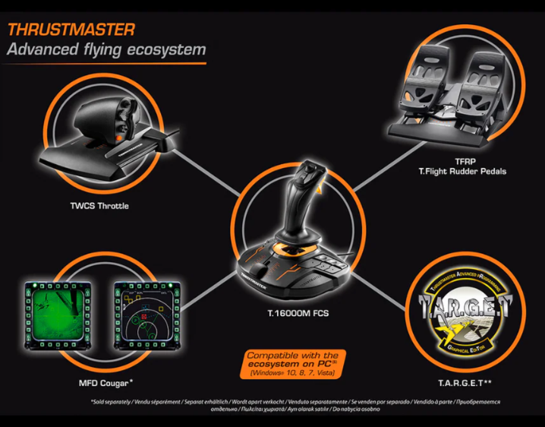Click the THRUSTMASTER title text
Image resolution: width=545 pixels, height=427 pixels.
pyautogui.click(x=71, y=30)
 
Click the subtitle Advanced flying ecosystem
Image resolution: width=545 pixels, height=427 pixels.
pyautogui.click(x=106, y=51)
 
